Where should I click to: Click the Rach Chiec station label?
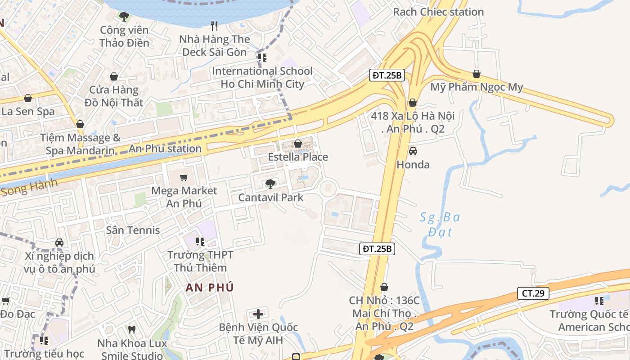tap(438, 12)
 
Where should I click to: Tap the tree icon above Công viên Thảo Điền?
tap(124, 17)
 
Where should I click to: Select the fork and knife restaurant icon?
tap(214, 26)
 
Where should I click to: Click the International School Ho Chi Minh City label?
tap(262, 77)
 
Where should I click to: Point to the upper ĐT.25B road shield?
tap(387, 75)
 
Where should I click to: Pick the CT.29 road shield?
tap(533, 293)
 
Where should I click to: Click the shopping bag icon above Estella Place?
tap(297, 144)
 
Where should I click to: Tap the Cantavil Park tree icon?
tap(270, 184)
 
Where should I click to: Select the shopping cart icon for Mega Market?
tap(184, 177)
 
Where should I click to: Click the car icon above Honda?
tap(413, 151)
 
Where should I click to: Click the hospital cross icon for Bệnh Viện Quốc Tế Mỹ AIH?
tap(258, 314)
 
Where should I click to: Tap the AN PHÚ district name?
tap(210, 288)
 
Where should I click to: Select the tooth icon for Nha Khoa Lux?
tap(132, 329)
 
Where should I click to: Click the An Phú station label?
tap(165, 148)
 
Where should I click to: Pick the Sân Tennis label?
tap(133, 230)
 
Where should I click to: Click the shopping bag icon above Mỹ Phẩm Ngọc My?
tap(477, 74)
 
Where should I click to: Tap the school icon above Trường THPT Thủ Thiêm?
tap(200, 242)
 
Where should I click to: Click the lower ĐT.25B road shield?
tap(377, 248)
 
